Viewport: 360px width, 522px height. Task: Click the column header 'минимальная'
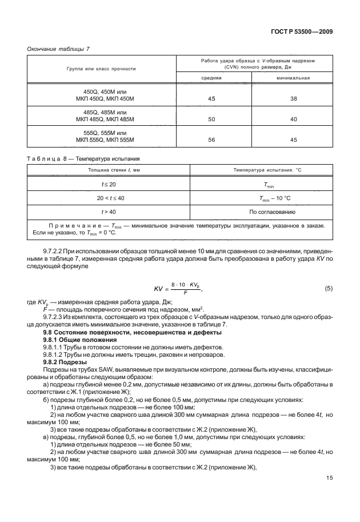[x=293, y=78]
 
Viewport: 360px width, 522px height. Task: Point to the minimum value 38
[x=293, y=99]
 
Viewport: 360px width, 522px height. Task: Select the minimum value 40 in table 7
[x=293, y=119]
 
